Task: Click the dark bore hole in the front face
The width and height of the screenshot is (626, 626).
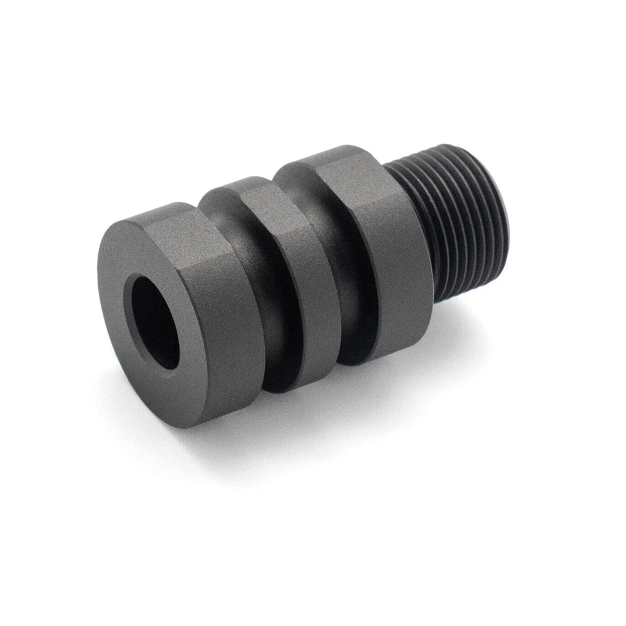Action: (155, 322)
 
